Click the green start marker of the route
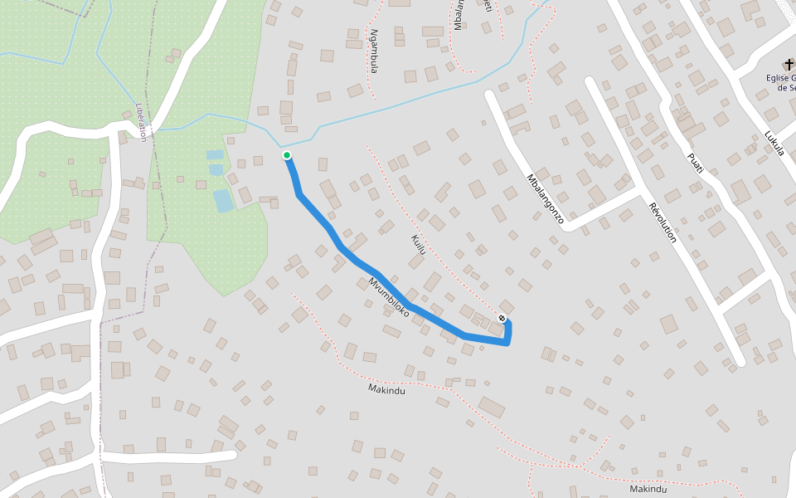[287, 155]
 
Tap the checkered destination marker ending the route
[502, 319]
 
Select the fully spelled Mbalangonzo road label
[546, 199]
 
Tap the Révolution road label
[663, 222]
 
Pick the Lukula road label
[774, 147]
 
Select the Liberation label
[141, 122]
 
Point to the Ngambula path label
[374, 51]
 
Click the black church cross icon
[789, 65]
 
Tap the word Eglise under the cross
[780, 78]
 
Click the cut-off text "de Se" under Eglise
[785, 88]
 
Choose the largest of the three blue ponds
[223, 201]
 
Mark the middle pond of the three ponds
[216, 170]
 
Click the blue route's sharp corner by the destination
[507, 344]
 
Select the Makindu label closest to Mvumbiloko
[386, 388]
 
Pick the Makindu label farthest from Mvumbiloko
[648, 489]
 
